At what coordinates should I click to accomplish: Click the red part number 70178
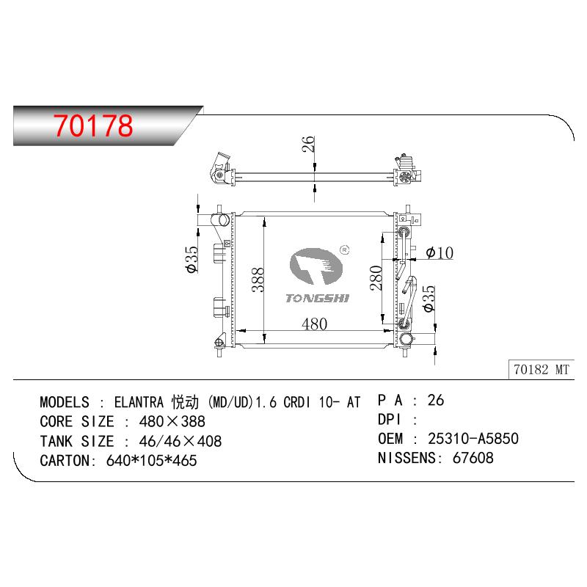tap(93, 125)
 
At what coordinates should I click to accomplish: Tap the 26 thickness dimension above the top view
tap(308, 144)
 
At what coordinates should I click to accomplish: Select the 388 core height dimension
tap(258, 280)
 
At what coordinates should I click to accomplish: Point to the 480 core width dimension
tap(315, 324)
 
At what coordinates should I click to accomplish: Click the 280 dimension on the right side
tap(376, 278)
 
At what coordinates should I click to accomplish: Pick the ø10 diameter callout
tap(440, 252)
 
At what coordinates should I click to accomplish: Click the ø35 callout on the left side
tap(192, 260)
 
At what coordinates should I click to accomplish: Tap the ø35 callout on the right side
tap(429, 299)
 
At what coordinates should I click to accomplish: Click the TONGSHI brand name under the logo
tap(317, 299)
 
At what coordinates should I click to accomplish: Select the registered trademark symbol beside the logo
tap(344, 249)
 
